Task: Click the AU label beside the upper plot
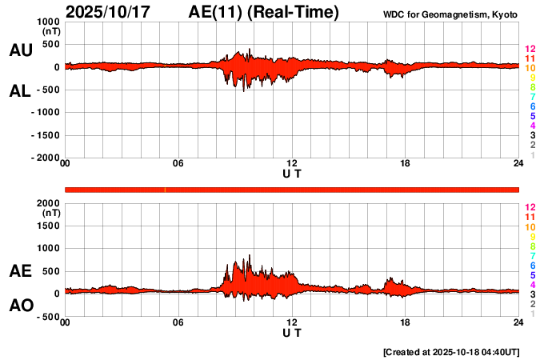click(x=20, y=50)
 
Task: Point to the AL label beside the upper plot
click(x=20, y=91)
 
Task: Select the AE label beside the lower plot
click(x=20, y=271)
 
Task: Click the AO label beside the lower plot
click(x=20, y=306)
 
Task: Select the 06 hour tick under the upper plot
click(x=178, y=164)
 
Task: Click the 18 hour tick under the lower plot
click(x=406, y=322)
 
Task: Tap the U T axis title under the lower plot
click(x=292, y=332)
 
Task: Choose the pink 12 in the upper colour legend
click(x=530, y=50)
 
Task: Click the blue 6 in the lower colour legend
click(x=532, y=265)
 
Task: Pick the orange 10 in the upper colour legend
click(x=530, y=69)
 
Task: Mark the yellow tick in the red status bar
click(x=165, y=189)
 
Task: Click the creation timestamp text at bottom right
click(x=451, y=352)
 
